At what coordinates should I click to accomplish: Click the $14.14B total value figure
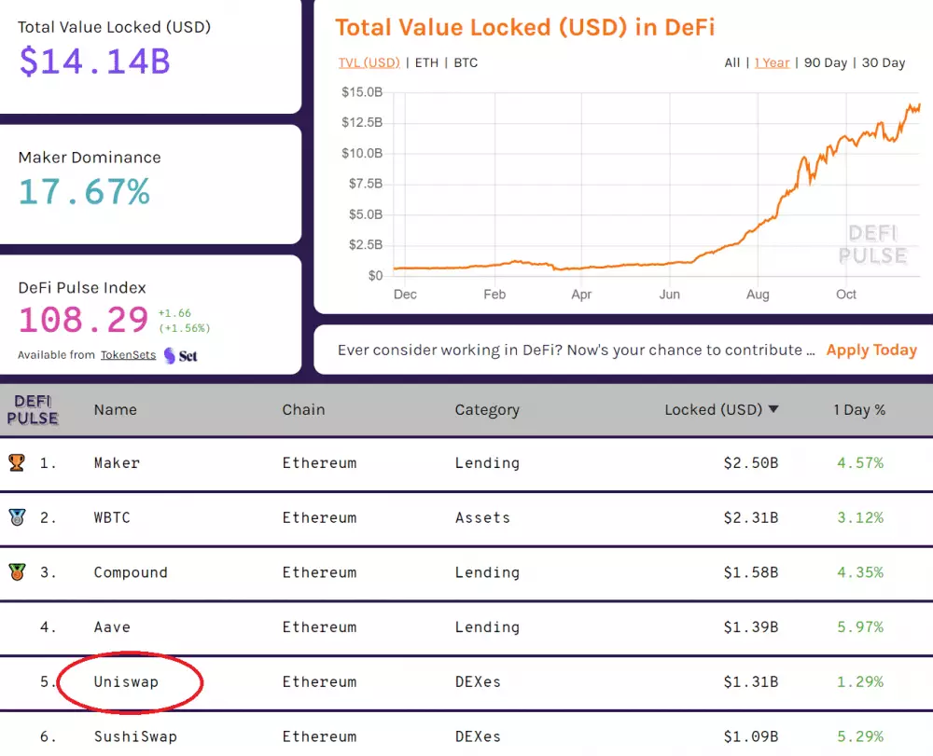click(94, 62)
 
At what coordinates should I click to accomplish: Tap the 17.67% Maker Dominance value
click(84, 192)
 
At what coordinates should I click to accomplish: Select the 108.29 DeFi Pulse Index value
click(84, 320)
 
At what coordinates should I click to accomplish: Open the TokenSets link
click(128, 355)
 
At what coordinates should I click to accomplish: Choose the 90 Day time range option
click(825, 62)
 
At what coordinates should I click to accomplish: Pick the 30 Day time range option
click(883, 62)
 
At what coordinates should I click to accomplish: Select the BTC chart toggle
click(466, 62)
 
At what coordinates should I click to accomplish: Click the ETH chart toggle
click(426, 62)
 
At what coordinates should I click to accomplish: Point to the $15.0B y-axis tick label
click(362, 92)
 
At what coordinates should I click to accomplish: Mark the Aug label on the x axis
click(758, 295)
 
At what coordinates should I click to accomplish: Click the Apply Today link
click(871, 351)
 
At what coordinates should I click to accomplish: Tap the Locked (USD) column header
click(721, 410)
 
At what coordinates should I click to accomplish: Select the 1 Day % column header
click(859, 410)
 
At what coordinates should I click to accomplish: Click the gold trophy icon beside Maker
click(17, 462)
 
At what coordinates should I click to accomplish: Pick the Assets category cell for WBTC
click(482, 517)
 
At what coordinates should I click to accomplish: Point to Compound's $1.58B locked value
click(750, 572)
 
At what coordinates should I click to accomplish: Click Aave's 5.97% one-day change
click(859, 627)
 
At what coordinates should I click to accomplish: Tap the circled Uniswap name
click(126, 682)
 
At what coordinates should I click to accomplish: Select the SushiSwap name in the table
click(135, 737)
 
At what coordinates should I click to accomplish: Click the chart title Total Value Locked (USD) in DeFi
click(524, 27)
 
